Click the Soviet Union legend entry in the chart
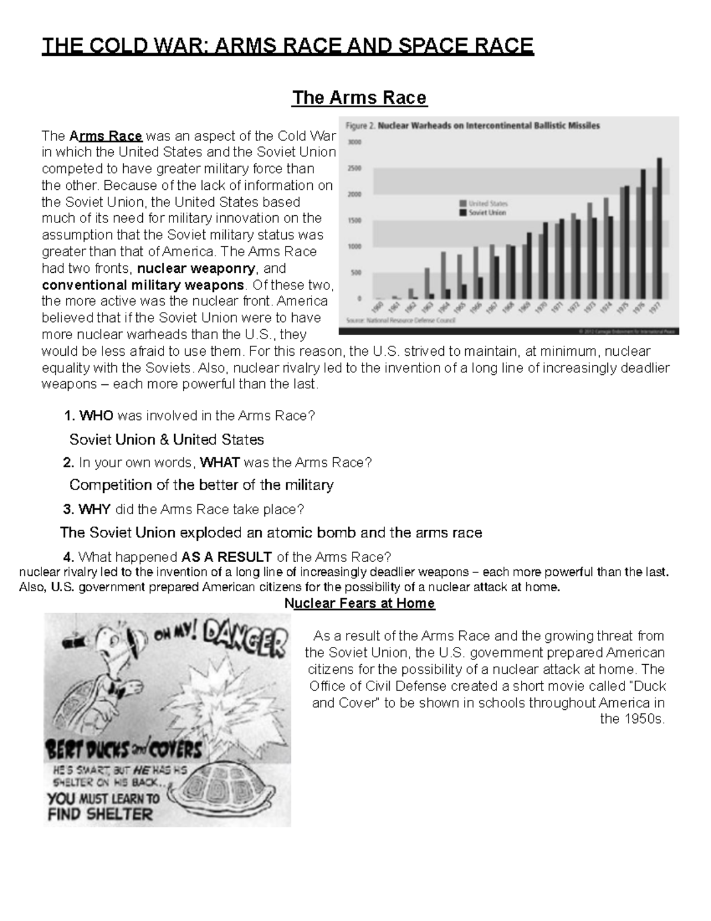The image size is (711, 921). coord(482,212)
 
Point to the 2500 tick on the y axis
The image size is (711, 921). coord(354,168)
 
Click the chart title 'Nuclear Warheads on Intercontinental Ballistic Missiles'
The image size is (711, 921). coord(489,126)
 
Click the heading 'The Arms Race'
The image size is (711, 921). coord(359,97)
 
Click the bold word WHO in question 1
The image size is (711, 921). coord(96,416)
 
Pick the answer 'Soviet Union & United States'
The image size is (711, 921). coord(166,439)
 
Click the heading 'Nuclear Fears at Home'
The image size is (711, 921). coord(360,603)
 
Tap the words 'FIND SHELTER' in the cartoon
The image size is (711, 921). coord(100,813)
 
